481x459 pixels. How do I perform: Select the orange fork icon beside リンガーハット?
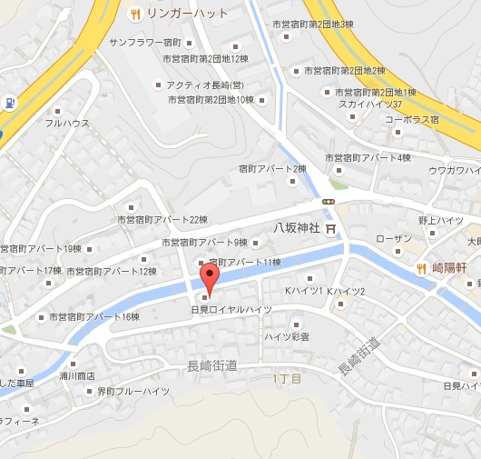pyautogui.click(x=135, y=14)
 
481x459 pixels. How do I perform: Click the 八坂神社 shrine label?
pyautogui.click(x=298, y=228)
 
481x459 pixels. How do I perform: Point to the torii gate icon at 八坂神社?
pyautogui.click(x=331, y=228)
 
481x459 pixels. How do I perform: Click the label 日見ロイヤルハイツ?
pyautogui.click(x=231, y=310)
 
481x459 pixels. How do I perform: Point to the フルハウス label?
pyautogui.click(x=67, y=123)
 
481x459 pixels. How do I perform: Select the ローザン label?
pyautogui.click(x=393, y=238)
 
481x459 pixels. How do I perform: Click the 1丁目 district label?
pyautogui.click(x=287, y=376)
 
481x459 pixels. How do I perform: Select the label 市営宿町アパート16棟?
pyautogui.click(x=93, y=316)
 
